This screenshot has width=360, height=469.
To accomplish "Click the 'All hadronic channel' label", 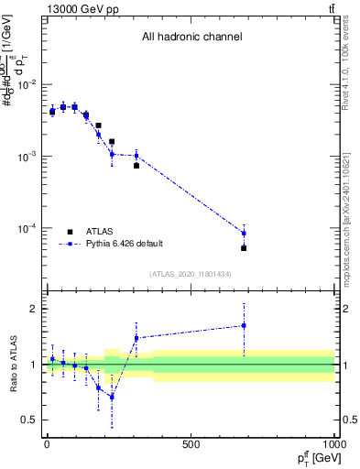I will click(191, 38).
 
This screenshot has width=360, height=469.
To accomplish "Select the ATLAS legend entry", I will click(100, 232).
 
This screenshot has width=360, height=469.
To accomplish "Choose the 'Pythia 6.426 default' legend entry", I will click(124, 244).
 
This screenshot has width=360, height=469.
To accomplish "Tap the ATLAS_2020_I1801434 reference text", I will click(191, 275).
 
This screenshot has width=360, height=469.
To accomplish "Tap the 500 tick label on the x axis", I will click(191, 445).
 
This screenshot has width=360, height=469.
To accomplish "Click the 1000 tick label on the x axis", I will click(333, 445).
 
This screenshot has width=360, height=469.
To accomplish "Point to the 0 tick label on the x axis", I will click(47, 445).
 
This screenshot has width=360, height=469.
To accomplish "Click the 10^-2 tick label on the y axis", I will click(27, 85).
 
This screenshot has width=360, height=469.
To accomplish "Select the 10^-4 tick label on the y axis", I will click(27, 228).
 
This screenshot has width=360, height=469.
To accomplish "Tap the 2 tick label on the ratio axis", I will click(31, 309).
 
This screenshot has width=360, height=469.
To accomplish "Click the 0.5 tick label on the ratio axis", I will click(27, 420).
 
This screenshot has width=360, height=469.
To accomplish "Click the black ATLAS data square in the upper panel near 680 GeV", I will click(244, 248).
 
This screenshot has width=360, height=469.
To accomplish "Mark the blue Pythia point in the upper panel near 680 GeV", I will click(244, 233).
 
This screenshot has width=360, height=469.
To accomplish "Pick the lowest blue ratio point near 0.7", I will click(112, 397).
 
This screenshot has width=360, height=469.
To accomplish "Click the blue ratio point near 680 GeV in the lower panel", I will click(244, 325).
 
